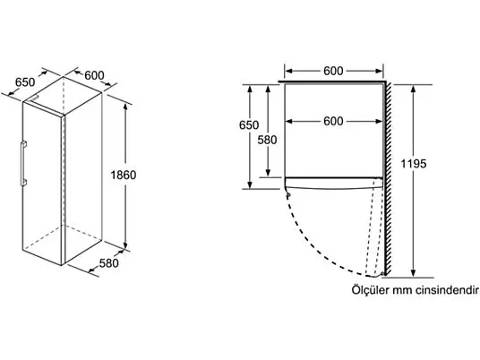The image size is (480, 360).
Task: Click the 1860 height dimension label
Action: click(124, 176)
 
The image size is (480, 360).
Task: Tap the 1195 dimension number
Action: click(414, 164)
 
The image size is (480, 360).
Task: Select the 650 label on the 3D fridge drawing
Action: click(25, 82)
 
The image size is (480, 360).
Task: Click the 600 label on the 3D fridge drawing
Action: click(94, 75)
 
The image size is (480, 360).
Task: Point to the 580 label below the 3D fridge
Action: click(108, 263)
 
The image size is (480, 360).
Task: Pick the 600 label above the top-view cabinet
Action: click(333, 71)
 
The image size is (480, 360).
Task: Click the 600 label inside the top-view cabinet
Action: click(333, 121)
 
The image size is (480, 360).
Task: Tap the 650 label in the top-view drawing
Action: click(249, 124)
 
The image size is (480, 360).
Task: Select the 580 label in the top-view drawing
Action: click(267, 140)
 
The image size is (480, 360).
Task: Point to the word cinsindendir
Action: click(447, 290)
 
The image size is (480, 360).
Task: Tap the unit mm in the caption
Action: click(402, 291)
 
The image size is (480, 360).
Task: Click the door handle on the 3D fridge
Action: click(23, 164)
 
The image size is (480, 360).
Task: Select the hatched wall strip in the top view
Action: click(387, 178)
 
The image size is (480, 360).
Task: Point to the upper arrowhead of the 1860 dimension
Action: click(125, 107)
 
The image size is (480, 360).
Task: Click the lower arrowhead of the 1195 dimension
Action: click(413, 273)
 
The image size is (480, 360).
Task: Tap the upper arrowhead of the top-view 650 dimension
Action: click(250, 89)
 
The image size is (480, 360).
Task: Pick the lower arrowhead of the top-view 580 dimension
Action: click(268, 173)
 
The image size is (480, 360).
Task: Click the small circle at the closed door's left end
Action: click(288, 194)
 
